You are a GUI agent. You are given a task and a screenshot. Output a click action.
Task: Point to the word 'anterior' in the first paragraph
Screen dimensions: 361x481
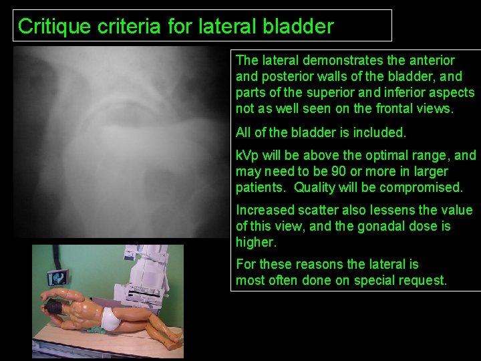coord(430,60)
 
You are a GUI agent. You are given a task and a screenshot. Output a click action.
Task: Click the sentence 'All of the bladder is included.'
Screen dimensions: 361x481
coord(321,133)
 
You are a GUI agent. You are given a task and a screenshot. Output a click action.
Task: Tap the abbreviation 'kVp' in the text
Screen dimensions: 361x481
coord(247,156)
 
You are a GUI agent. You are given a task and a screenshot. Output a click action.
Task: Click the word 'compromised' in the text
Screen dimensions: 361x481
coord(426,188)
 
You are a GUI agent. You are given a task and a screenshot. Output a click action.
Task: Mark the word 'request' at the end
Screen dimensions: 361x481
coord(419,281)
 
